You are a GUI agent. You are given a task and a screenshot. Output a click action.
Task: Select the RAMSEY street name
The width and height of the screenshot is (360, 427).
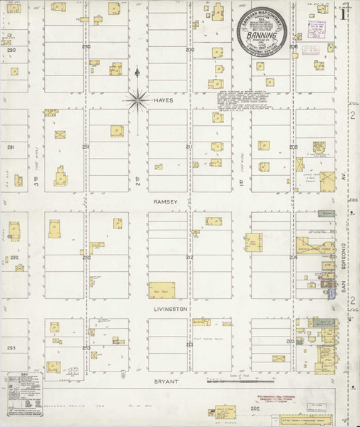[164, 202]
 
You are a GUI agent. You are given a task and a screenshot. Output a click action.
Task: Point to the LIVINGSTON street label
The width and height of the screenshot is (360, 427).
[169, 310]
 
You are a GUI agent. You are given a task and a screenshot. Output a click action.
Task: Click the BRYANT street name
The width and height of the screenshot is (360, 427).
[166, 381]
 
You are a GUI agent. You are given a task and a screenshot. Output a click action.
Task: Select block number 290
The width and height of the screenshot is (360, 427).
[11, 51]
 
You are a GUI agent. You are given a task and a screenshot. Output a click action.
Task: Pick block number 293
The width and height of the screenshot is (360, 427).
[11, 347]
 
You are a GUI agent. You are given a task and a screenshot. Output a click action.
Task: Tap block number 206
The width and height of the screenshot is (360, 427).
[292, 47]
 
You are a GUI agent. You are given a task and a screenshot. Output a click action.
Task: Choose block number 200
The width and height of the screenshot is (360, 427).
[190, 50]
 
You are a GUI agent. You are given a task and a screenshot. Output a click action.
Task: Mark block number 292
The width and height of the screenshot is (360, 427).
[13, 257]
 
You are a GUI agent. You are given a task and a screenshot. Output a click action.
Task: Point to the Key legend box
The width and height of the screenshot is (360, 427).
[23, 392]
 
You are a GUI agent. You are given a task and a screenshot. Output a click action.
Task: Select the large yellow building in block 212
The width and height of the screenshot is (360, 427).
[162, 290]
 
